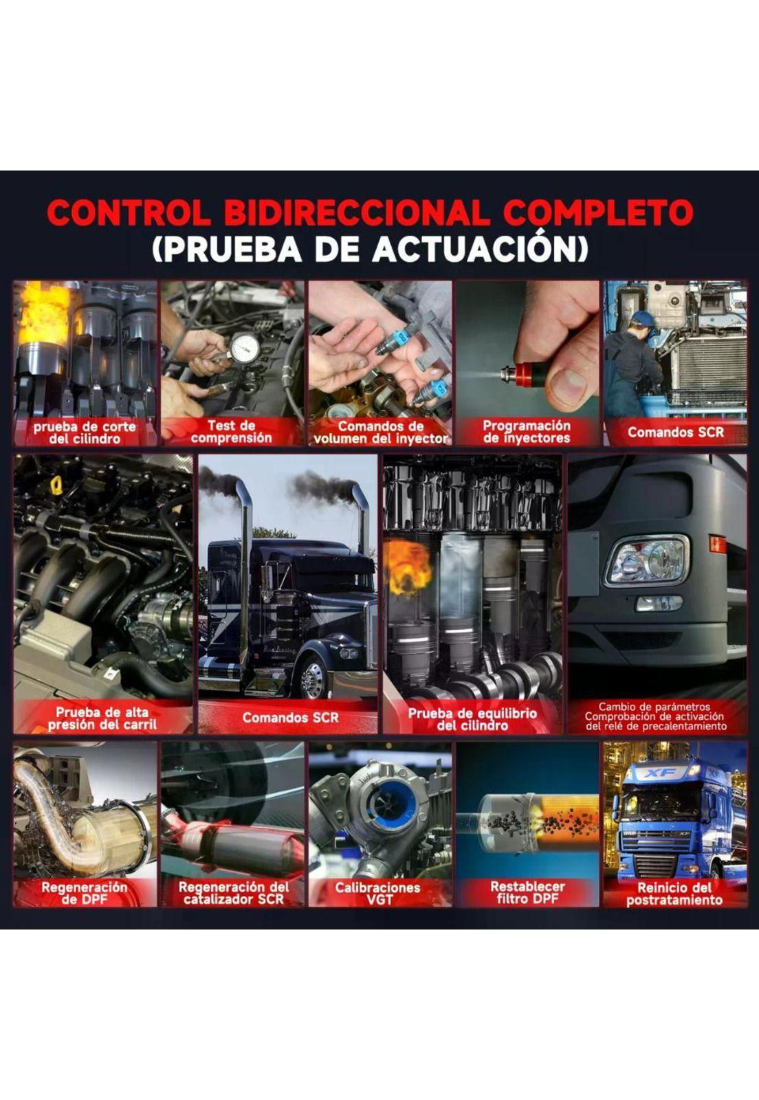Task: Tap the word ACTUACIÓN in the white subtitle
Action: pos(480,250)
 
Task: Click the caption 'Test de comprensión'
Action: pos(231,432)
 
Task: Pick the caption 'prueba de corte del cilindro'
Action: pos(85,432)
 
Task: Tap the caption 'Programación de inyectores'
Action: pos(527,432)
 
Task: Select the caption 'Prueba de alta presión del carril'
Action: pos(102,718)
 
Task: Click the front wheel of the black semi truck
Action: pos(313,678)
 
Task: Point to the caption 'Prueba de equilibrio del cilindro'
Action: pos(472,719)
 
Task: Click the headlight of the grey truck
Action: pos(646,560)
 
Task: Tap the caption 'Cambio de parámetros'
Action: pos(654,707)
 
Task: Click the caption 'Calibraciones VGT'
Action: pos(377,894)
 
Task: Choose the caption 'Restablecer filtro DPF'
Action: pos(527,893)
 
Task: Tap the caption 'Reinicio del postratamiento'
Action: pos(674,894)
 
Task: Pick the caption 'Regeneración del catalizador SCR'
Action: pos(233,894)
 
